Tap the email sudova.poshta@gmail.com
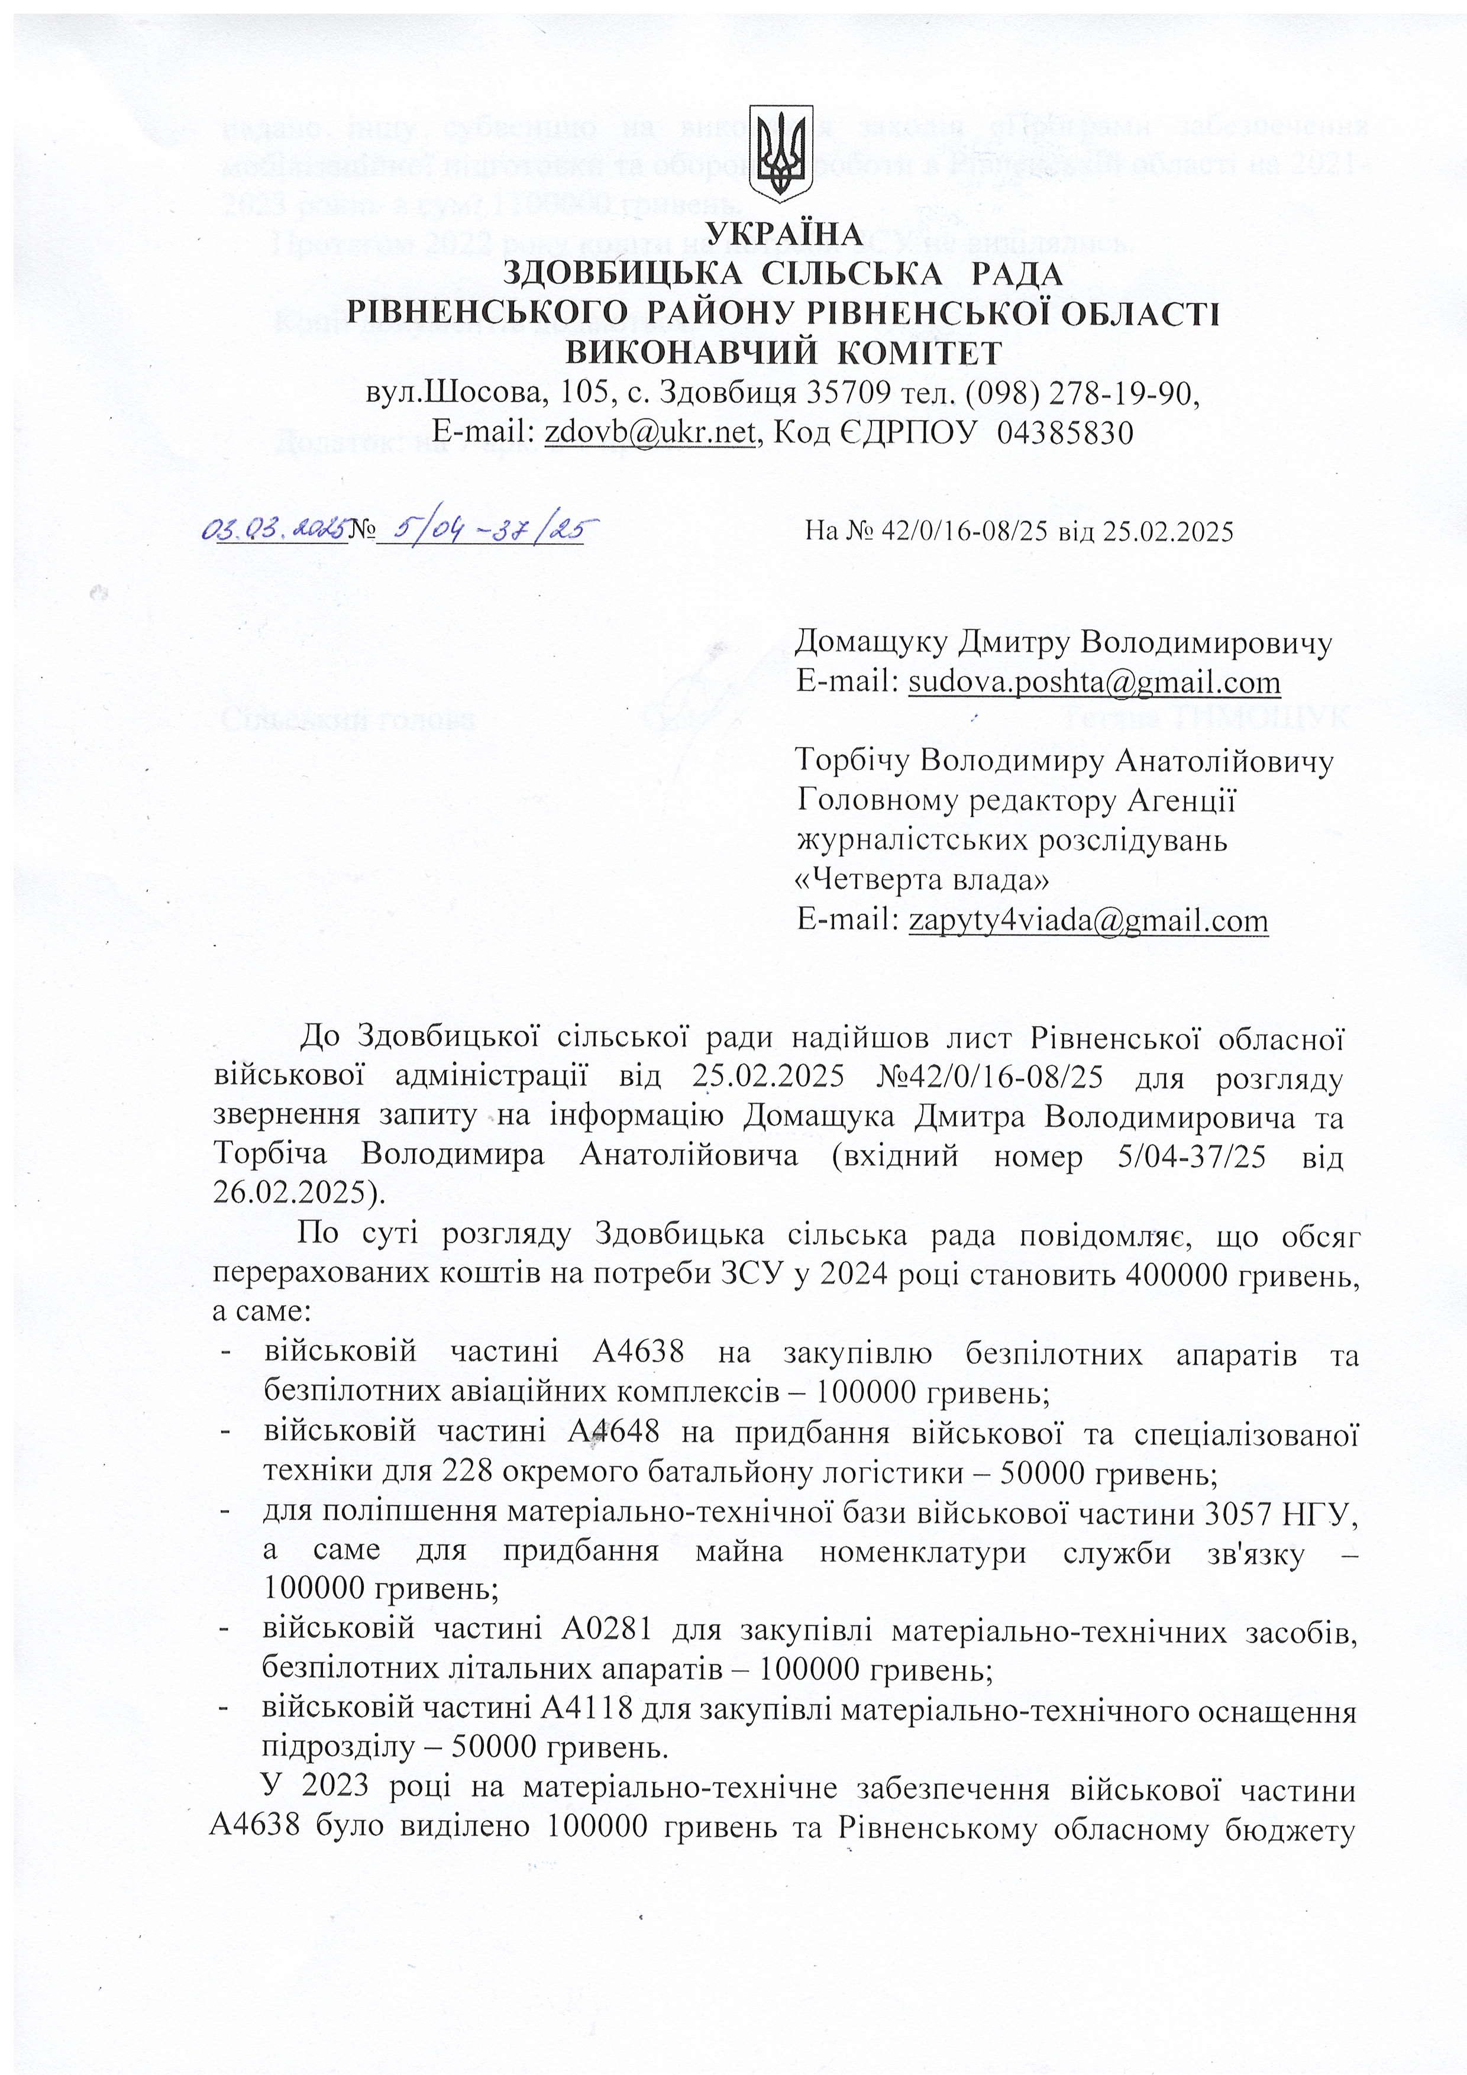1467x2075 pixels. [x=1094, y=683]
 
